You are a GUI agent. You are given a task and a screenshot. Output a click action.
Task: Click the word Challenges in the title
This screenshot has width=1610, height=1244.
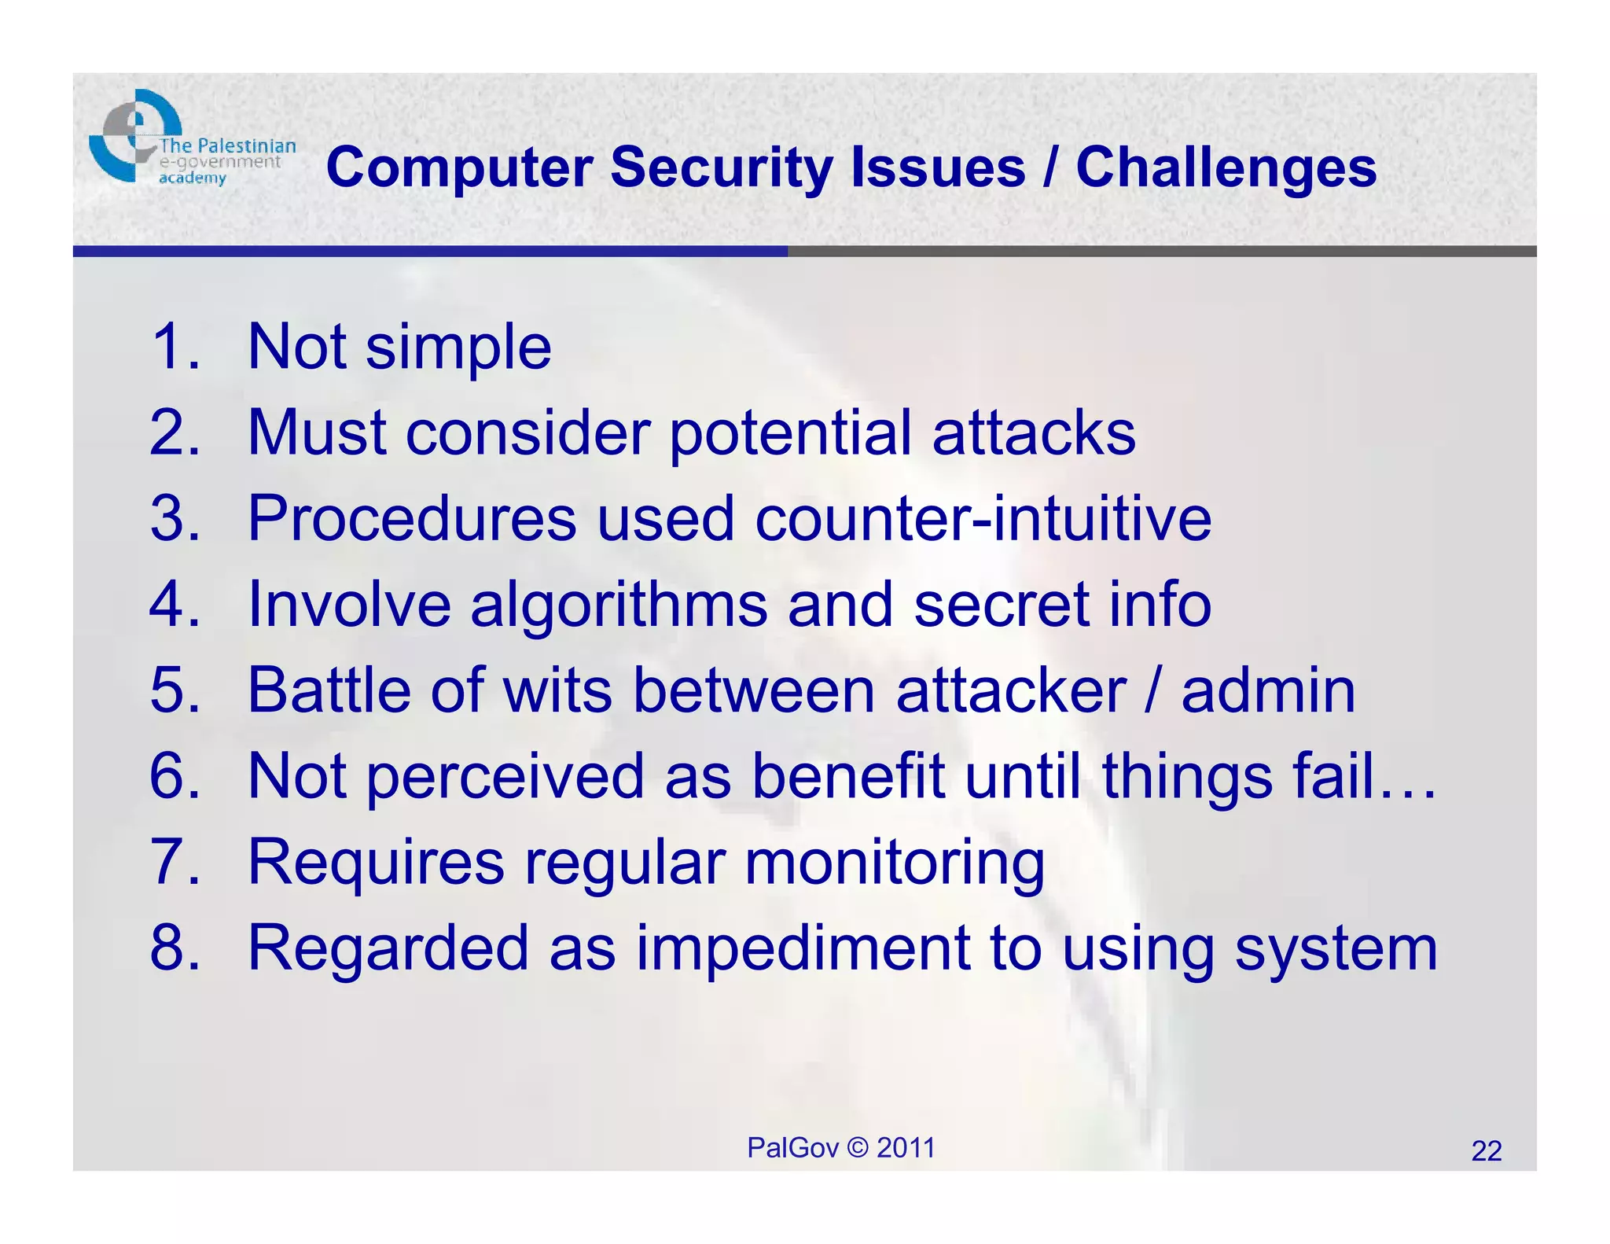click(1226, 167)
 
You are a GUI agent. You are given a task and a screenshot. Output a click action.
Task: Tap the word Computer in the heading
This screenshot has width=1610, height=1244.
click(459, 167)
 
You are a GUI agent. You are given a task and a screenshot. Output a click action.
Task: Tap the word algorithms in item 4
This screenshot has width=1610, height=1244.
click(619, 605)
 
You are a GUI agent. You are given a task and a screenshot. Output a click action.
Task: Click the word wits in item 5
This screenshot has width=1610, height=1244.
click(557, 690)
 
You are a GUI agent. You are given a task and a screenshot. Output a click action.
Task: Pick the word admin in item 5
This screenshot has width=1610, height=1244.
click(1268, 690)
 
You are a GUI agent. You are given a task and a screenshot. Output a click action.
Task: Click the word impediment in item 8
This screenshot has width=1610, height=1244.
click(802, 949)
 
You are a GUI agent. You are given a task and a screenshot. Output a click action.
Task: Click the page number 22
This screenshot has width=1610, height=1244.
click(1486, 1151)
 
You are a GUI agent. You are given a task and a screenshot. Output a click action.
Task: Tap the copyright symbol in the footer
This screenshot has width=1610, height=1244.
click(858, 1148)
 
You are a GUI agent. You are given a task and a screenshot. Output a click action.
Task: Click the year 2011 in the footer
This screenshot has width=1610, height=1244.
click(906, 1148)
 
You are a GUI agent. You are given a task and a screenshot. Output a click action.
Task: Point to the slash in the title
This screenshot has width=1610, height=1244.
click(1050, 167)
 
